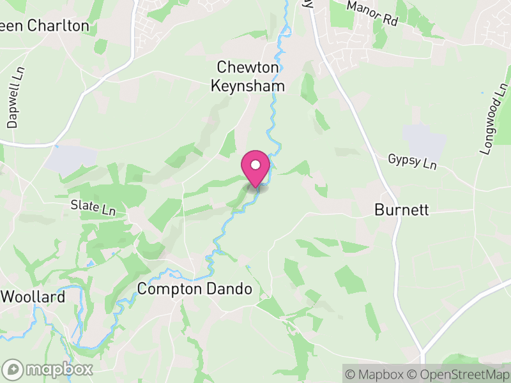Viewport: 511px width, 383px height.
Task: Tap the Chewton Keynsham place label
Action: pyautogui.click(x=248, y=75)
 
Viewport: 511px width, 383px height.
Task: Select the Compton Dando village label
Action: pyautogui.click(x=195, y=289)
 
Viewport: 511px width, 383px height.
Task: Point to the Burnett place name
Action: pyautogui.click(x=401, y=209)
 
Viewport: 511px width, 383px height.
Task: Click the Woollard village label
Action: pyautogui.click(x=33, y=297)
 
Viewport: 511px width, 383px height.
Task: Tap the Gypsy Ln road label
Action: pyautogui.click(x=412, y=162)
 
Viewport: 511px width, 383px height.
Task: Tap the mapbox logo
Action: pyautogui.click(x=49, y=369)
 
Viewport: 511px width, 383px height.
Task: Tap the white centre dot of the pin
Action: pyautogui.click(x=256, y=165)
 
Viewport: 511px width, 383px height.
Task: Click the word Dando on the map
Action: pyautogui.click(x=227, y=289)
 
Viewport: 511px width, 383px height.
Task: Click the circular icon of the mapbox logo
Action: pyautogui.click(x=13, y=369)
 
